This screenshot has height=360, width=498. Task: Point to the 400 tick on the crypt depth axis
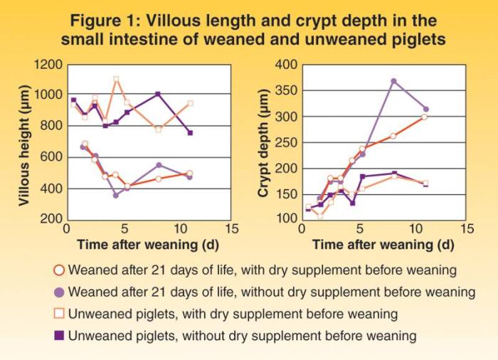click(x=285, y=65)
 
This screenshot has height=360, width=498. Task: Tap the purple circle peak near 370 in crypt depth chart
click(x=393, y=81)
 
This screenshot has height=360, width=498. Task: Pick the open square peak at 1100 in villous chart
click(x=117, y=79)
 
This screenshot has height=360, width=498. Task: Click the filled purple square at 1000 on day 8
click(x=158, y=94)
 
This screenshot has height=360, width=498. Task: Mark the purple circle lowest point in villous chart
click(x=116, y=194)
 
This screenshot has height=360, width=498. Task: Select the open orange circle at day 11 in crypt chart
click(x=425, y=117)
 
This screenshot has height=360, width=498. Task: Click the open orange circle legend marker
click(x=59, y=270)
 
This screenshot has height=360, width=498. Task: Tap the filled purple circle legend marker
click(x=59, y=292)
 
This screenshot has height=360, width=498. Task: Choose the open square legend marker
click(x=59, y=313)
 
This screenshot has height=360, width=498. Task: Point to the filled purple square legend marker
click(x=59, y=334)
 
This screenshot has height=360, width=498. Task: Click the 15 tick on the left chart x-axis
click(x=231, y=229)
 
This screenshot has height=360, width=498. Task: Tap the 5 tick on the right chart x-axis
click(x=361, y=229)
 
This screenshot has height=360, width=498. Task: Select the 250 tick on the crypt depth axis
click(x=285, y=142)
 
